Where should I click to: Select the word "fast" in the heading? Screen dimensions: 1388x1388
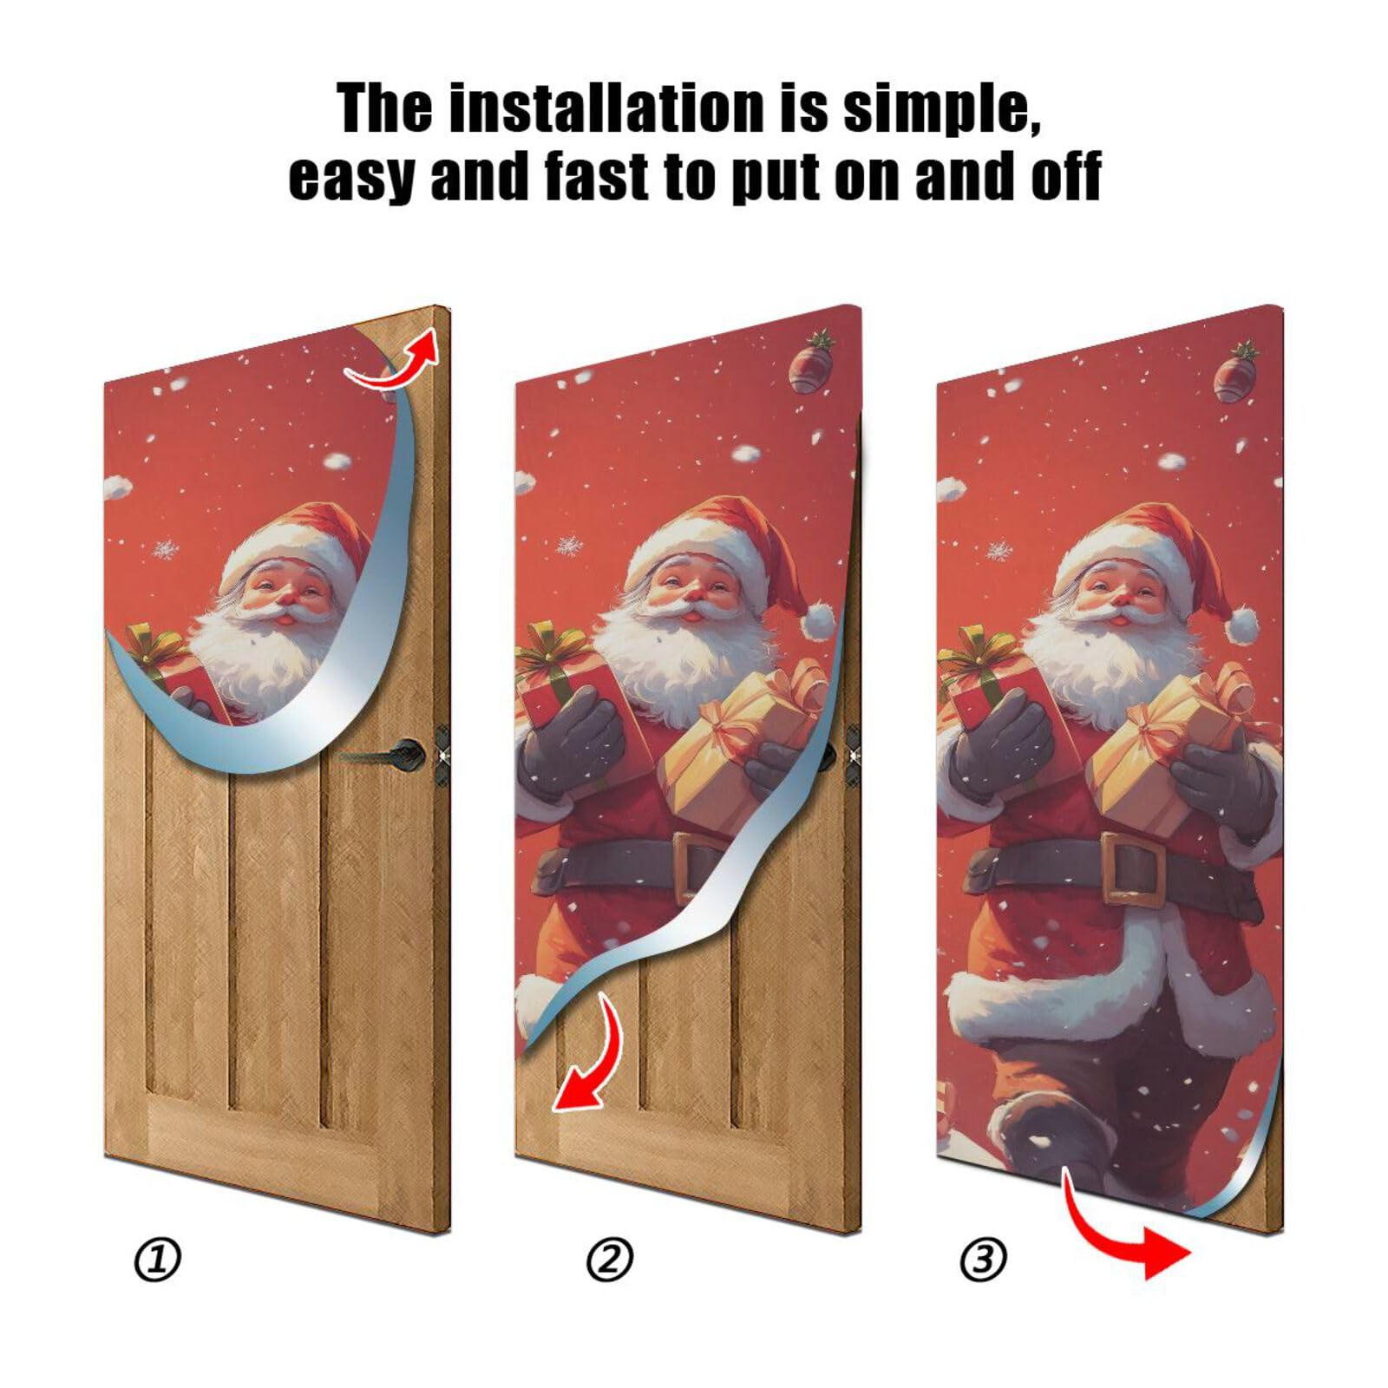coord(598,176)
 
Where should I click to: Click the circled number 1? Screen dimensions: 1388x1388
coord(158,1260)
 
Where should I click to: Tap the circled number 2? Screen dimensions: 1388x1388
coord(610,1260)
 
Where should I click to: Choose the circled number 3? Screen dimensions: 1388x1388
coord(984,1260)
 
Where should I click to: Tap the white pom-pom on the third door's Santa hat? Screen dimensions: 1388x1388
coord(1244,623)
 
